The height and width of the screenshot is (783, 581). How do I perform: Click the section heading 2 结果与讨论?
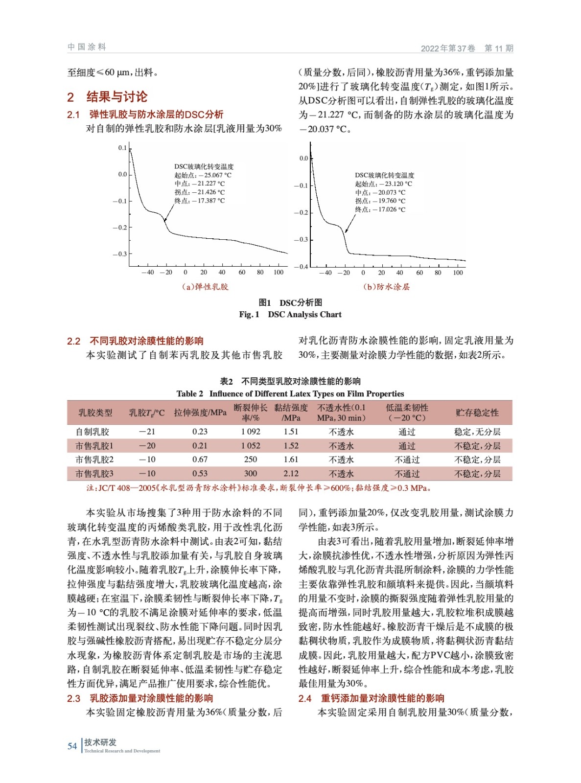click(107, 97)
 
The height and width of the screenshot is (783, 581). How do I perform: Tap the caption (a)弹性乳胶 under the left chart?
click(205, 287)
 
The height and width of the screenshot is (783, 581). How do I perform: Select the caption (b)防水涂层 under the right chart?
click(386, 287)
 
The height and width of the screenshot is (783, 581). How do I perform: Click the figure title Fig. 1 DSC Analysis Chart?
click(290, 315)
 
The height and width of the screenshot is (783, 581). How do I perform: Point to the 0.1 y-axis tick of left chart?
click(122, 148)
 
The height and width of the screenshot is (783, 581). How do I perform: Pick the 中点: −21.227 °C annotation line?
click(200, 184)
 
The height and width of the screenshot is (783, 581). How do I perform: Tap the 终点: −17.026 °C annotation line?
click(380, 209)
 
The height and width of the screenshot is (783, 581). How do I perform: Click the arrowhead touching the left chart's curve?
click(165, 220)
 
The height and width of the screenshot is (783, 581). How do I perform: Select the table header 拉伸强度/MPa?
click(200, 413)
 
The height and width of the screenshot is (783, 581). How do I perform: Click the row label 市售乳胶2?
click(94, 460)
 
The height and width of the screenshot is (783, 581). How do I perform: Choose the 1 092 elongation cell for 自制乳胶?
click(251, 432)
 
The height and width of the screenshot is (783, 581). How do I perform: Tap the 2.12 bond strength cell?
click(291, 474)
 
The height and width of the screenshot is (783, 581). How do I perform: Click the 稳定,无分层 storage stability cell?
click(477, 432)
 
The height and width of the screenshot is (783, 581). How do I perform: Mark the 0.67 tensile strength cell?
click(200, 460)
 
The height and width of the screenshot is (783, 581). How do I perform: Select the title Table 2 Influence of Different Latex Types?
click(290, 394)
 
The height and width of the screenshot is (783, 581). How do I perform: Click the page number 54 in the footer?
click(72, 746)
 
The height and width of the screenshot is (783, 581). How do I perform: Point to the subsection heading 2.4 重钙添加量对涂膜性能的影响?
click(372, 698)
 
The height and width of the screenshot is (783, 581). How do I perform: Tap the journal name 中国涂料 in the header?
click(87, 47)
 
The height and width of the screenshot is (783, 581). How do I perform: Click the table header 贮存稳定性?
click(477, 413)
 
